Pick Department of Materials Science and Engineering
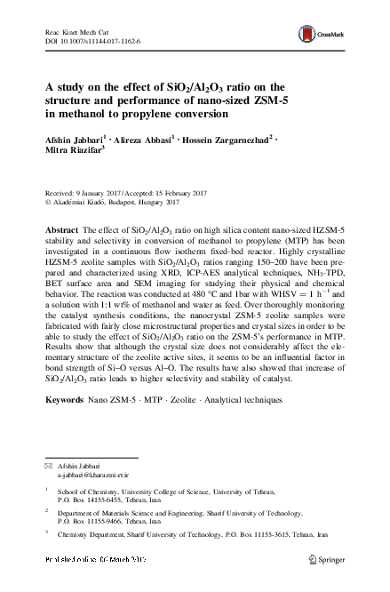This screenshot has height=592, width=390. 142,514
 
